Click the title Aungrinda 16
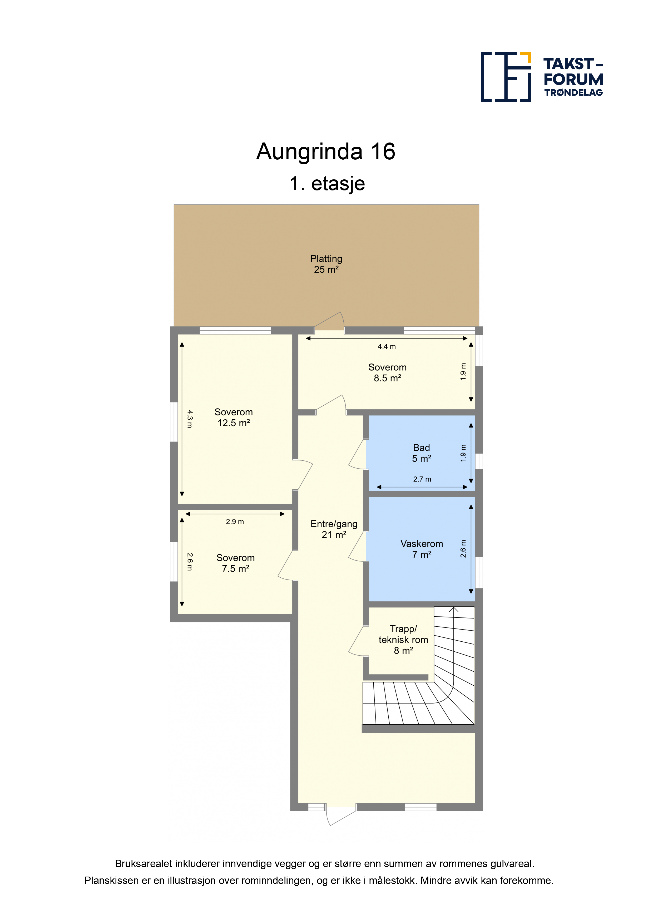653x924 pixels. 326,152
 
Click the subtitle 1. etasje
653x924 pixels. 327,184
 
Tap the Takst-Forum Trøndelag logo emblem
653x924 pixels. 506,77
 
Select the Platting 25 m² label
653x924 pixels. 326,264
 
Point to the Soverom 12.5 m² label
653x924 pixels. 234,417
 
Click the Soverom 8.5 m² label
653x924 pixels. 387,373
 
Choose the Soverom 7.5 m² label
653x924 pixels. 236,563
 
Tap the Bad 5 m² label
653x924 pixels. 422,453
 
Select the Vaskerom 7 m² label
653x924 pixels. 422,549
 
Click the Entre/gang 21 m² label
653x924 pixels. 334,529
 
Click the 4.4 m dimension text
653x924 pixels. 387,347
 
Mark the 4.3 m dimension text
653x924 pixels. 190,419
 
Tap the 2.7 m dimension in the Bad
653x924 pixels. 422,479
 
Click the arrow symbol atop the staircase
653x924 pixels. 453,610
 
